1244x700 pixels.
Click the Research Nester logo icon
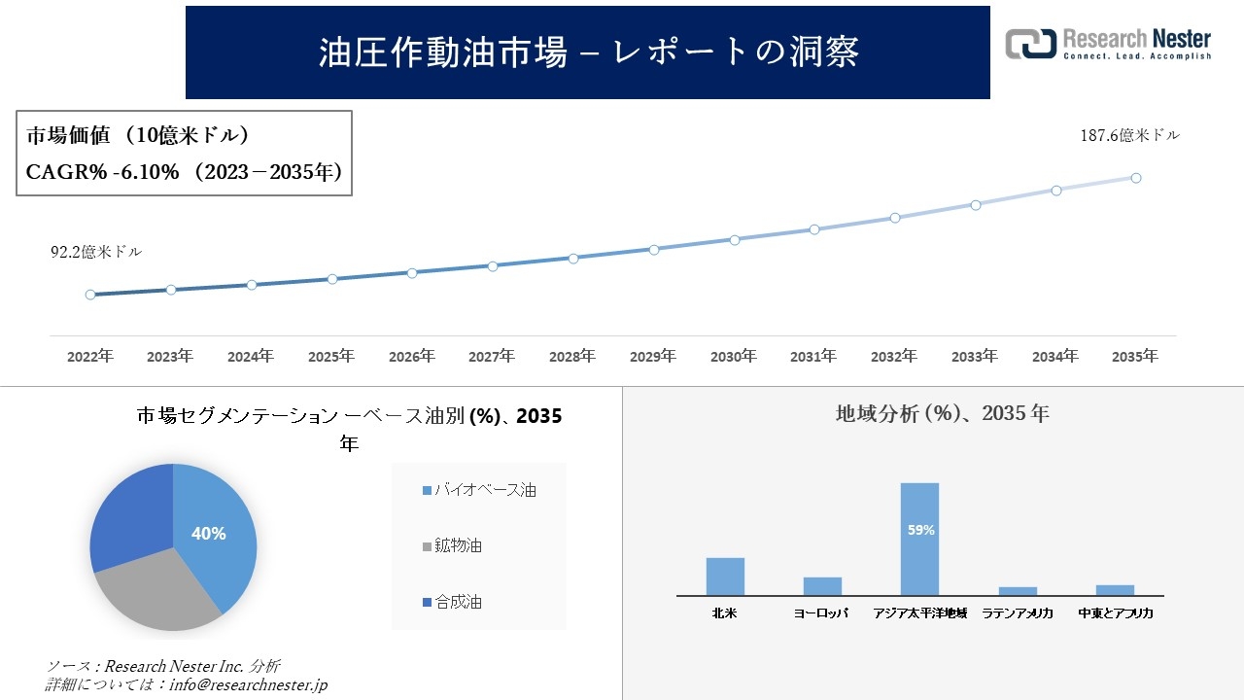pyautogui.click(x=1030, y=44)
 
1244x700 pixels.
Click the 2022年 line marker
pyautogui.click(x=90, y=295)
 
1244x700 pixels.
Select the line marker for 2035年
pyautogui.click(x=1135, y=178)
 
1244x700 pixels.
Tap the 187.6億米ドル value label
pyautogui.click(x=1129, y=136)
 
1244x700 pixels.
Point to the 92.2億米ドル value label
pyautogui.click(x=96, y=252)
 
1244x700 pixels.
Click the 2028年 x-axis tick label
pyautogui.click(x=572, y=357)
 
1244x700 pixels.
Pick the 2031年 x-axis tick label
pyautogui.click(x=813, y=357)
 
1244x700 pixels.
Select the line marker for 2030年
pyautogui.click(x=735, y=239)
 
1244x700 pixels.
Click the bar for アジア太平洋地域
pyautogui.click(x=919, y=539)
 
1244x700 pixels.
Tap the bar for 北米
pyautogui.click(x=725, y=577)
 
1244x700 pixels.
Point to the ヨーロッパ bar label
pyautogui.click(x=821, y=613)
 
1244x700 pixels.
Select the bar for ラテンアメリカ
pyautogui.click(x=1018, y=590)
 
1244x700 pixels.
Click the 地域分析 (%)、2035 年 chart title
pyautogui.click(x=942, y=413)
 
